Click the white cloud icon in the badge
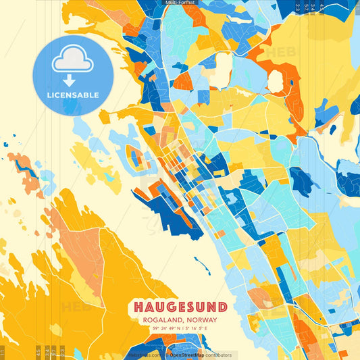(72, 58)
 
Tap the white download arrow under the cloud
(72, 80)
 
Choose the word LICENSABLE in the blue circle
(72, 95)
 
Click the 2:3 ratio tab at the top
(298, 7)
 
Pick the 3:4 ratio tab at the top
(313, 7)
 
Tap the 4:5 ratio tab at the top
(322, 7)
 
